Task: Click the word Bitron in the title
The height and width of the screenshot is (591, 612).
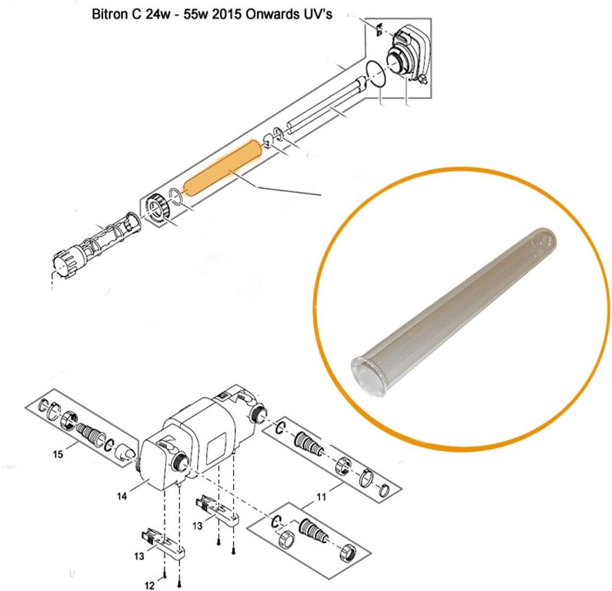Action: coord(107,14)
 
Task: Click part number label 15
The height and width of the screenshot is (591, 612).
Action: coord(58,454)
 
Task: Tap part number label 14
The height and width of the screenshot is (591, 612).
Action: coord(122,497)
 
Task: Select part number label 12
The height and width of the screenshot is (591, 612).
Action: coord(149,585)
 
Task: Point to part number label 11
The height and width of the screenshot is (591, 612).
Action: coord(321,497)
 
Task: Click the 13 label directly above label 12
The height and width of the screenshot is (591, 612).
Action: coord(138,557)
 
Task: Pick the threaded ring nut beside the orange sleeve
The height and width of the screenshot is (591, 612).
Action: coord(158,207)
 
